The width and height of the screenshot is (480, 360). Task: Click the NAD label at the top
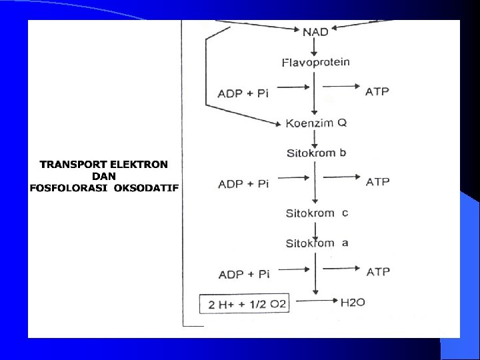point(315,31)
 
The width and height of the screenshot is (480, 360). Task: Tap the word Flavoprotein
point(316,63)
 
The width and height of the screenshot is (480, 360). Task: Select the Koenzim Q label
point(316,123)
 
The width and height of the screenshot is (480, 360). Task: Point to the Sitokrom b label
point(317,153)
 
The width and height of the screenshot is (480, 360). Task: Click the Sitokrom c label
point(317,213)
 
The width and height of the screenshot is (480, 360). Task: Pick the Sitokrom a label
point(317,243)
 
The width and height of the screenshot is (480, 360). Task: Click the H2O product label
point(353,303)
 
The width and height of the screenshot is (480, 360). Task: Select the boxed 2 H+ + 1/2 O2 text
point(247,305)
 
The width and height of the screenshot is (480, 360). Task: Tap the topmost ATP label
point(377,91)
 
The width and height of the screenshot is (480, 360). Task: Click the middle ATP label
point(377,181)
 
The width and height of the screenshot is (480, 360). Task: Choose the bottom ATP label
point(378,272)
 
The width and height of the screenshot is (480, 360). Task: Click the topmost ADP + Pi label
point(243,93)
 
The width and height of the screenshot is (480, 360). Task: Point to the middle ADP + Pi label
point(243,183)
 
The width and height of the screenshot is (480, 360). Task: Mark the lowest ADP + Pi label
point(243,274)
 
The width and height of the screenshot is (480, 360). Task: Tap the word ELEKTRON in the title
point(139,164)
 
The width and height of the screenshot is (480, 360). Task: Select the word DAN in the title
point(104,176)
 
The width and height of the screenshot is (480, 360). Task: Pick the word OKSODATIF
point(146,188)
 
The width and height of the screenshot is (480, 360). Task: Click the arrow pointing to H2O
point(317,303)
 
